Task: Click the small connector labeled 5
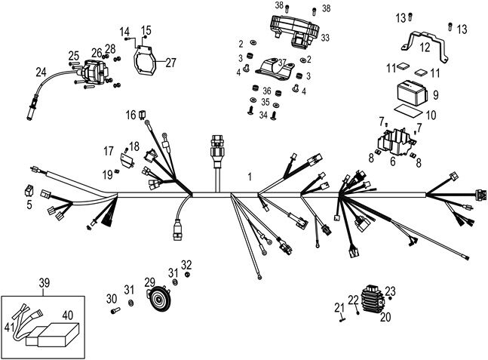tap(29, 190)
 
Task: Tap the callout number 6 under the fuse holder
tap(392, 161)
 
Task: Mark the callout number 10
tap(432, 115)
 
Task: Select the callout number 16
tap(130, 115)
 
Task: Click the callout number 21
tap(339, 307)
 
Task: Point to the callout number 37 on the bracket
tap(283, 62)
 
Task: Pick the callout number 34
tap(263, 115)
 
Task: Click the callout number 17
tap(108, 150)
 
